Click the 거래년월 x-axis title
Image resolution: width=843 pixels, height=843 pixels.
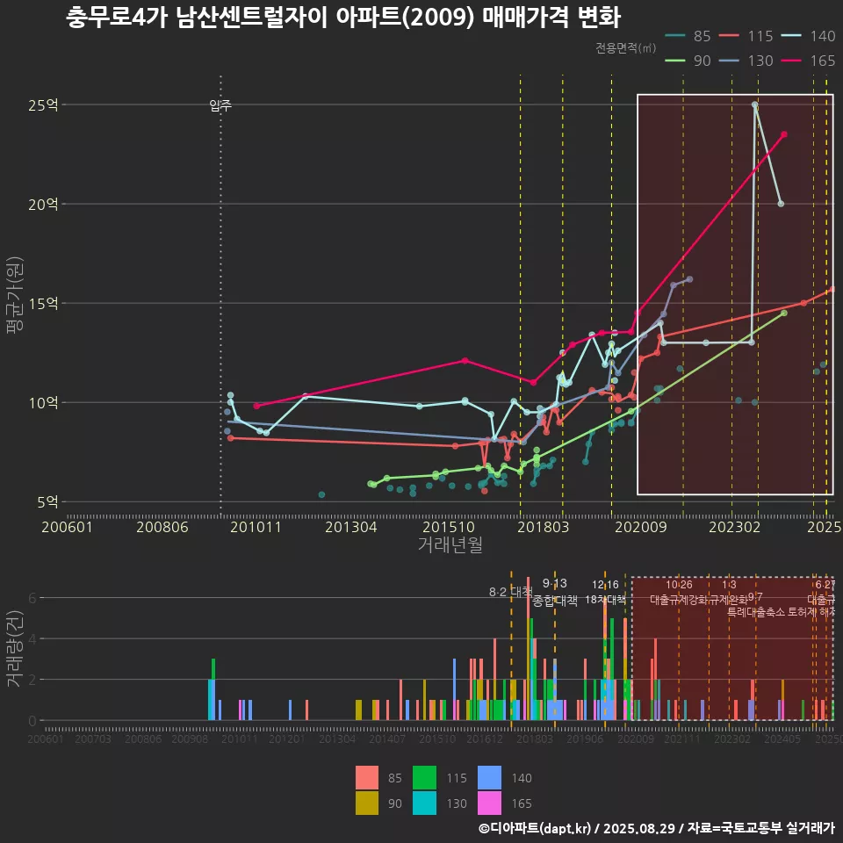point(450,544)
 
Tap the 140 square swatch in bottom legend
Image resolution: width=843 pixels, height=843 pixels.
point(491,778)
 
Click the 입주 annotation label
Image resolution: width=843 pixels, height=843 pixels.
point(220,106)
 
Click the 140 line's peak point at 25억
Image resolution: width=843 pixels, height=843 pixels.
point(755,104)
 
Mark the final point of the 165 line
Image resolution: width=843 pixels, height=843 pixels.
point(784,134)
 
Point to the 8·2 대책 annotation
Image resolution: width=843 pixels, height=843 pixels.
point(511,591)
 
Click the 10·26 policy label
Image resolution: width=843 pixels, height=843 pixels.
point(679,585)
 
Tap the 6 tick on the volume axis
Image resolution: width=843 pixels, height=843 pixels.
point(32,598)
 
